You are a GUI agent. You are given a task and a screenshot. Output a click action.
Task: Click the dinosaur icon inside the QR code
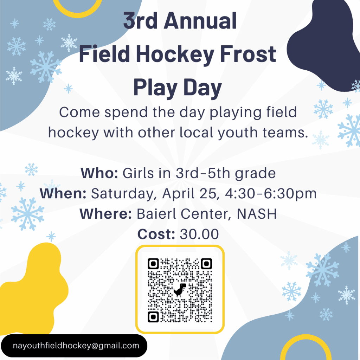click(x=180, y=290)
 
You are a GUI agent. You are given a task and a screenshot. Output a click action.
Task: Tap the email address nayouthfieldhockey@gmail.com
click(x=76, y=346)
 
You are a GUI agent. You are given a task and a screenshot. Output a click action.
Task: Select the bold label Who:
click(x=99, y=173)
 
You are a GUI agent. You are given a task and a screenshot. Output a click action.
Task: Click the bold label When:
click(x=63, y=193)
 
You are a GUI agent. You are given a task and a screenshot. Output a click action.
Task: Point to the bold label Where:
click(x=105, y=214)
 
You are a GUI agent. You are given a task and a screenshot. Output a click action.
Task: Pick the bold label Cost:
click(x=156, y=234)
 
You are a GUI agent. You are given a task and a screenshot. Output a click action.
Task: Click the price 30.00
click(x=199, y=234)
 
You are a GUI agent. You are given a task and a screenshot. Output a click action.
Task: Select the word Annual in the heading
click(x=200, y=21)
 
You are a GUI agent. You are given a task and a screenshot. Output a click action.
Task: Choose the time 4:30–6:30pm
click(x=271, y=194)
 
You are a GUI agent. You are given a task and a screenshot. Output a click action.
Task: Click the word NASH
click(x=256, y=214)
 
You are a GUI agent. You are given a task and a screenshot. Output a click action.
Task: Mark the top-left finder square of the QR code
click(x=153, y=264)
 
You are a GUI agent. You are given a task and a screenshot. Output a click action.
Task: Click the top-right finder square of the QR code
click(x=206, y=264)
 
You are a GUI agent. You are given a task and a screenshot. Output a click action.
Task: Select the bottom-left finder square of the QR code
click(x=153, y=317)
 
